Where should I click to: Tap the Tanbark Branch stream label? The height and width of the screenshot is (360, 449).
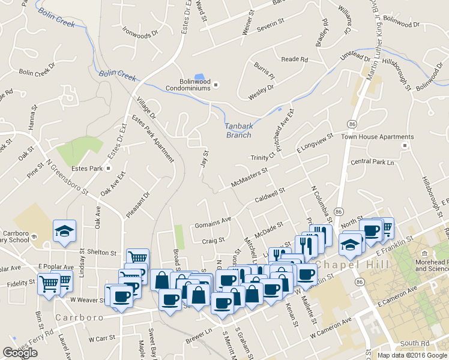tap(238, 130)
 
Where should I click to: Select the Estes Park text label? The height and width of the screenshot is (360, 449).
tap(88, 169)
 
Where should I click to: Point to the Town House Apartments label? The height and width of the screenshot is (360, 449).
tap(369, 137)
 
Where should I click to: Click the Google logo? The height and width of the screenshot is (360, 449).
tap(20, 353)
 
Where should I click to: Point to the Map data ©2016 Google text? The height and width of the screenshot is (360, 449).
tap(411, 355)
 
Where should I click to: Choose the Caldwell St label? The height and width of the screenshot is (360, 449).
tap(270, 194)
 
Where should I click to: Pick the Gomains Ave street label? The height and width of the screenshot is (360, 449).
tap(212, 223)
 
